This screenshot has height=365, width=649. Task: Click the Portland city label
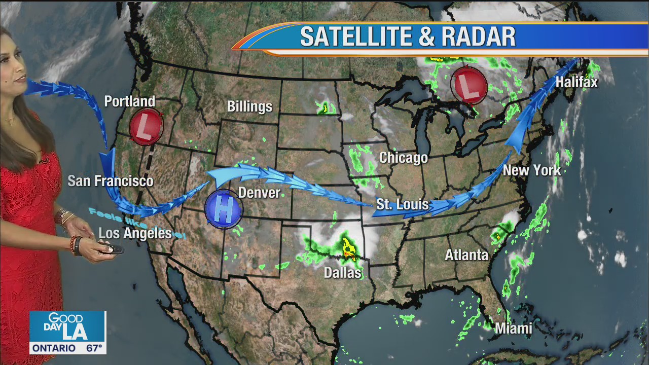tap(129, 101)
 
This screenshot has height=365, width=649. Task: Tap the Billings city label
tap(249, 107)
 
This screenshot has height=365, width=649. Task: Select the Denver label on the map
tap(259, 193)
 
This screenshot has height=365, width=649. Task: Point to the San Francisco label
tap(111, 181)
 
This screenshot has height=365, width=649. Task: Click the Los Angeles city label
tap(135, 234)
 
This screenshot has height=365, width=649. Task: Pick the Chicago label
tap(404, 158)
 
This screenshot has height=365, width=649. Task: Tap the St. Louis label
tap(402, 205)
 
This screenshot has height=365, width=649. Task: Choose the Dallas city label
tap(343, 273)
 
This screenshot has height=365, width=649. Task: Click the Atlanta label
tap(466, 255)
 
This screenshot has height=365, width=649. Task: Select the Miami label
tap(513, 328)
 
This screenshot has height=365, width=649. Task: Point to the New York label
tap(532, 170)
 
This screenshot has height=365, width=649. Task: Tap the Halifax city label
tap(576, 83)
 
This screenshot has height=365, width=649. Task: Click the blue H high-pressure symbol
tap(224, 209)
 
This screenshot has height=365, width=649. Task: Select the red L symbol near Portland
tap(146, 127)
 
